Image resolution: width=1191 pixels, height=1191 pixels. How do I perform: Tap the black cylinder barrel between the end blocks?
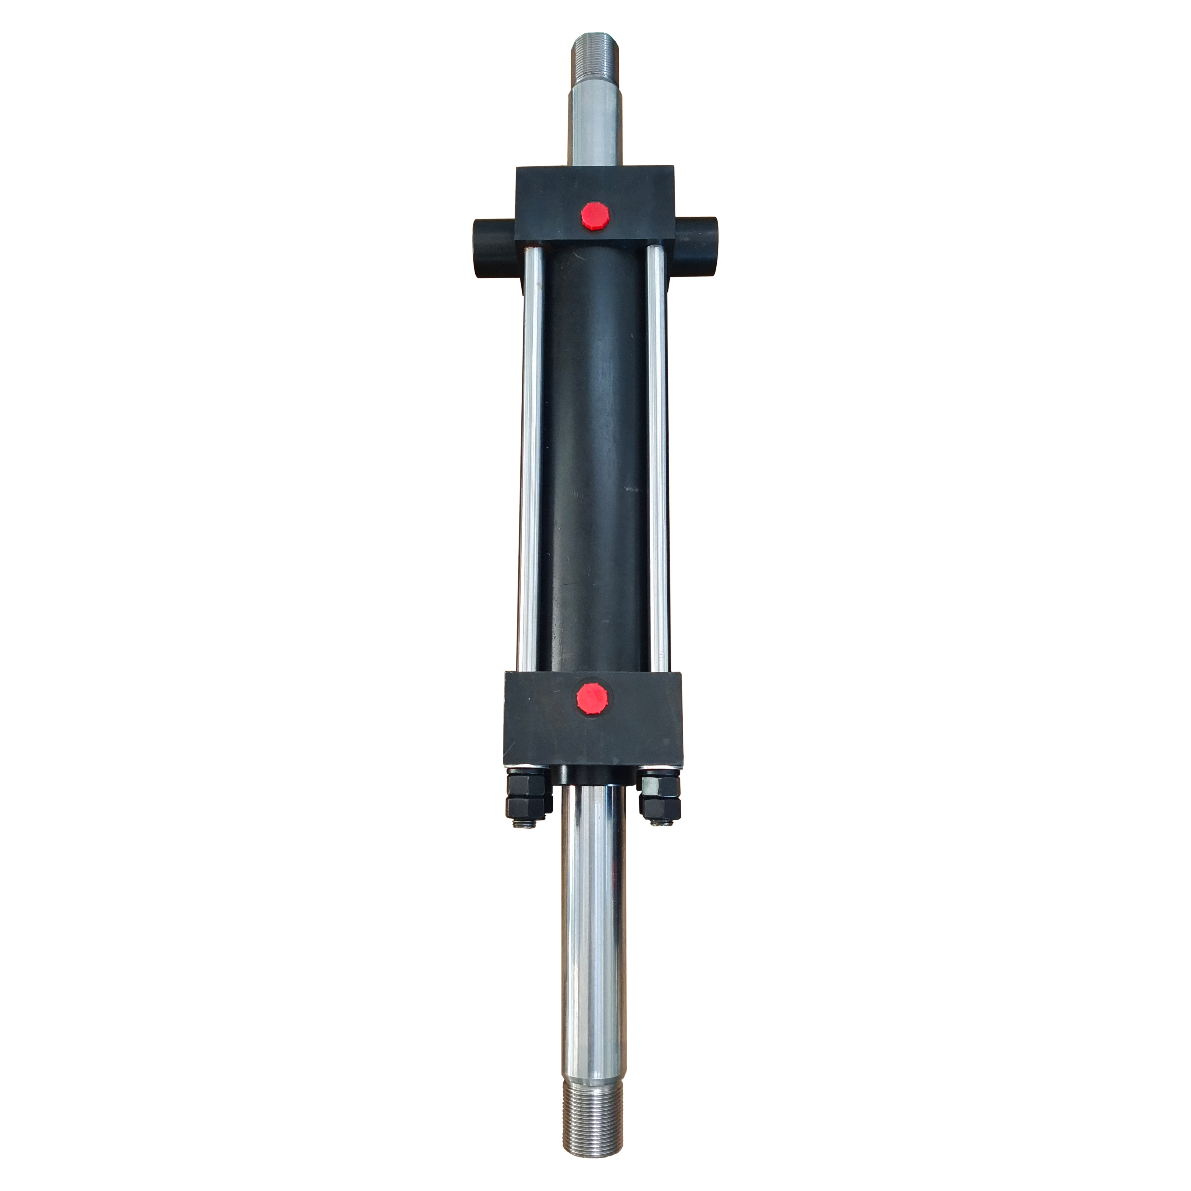(x=595, y=456)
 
